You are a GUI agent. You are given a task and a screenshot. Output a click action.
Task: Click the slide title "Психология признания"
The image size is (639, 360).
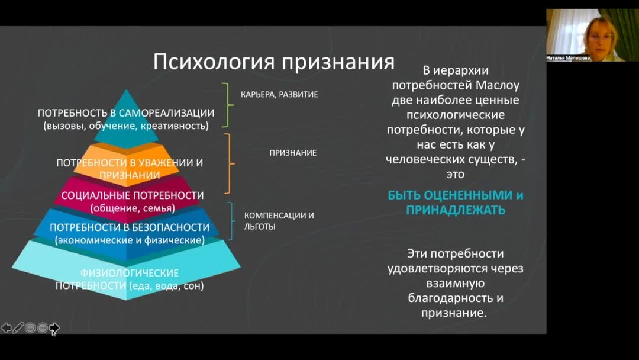click(x=273, y=62)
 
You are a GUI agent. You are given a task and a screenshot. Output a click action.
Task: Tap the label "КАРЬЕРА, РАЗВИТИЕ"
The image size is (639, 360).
click(x=279, y=94)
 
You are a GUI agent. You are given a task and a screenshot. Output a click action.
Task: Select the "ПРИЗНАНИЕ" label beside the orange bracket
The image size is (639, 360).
click(x=293, y=153)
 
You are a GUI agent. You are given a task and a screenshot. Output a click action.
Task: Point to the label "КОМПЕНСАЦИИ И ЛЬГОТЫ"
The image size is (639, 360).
click(x=279, y=221)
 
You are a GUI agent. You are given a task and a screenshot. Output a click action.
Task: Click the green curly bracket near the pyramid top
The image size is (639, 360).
click(x=225, y=105)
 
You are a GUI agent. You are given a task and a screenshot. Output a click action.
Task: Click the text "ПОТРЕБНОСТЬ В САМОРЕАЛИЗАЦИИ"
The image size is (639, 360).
click(x=126, y=112)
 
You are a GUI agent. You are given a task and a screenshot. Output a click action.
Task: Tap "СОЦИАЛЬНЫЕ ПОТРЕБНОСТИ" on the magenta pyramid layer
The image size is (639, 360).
click(x=133, y=195)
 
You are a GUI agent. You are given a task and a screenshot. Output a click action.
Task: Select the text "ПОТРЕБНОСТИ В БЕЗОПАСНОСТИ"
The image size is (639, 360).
click(x=130, y=227)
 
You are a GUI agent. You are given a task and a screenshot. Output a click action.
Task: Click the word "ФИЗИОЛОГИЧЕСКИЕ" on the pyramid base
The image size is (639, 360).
click(x=130, y=273)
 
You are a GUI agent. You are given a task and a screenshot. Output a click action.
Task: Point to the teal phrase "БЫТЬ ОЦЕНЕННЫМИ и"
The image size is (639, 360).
click(x=456, y=195)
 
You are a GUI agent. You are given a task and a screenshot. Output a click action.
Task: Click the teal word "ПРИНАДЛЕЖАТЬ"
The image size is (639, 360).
click(x=456, y=210)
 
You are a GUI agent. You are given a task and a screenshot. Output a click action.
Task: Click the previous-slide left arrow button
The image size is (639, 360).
click(x=7, y=327)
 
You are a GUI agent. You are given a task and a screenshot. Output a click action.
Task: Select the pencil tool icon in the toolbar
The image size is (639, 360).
click(x=18, y=327)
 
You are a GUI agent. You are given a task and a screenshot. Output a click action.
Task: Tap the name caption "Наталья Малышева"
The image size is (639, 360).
click(x=568, y=58)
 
